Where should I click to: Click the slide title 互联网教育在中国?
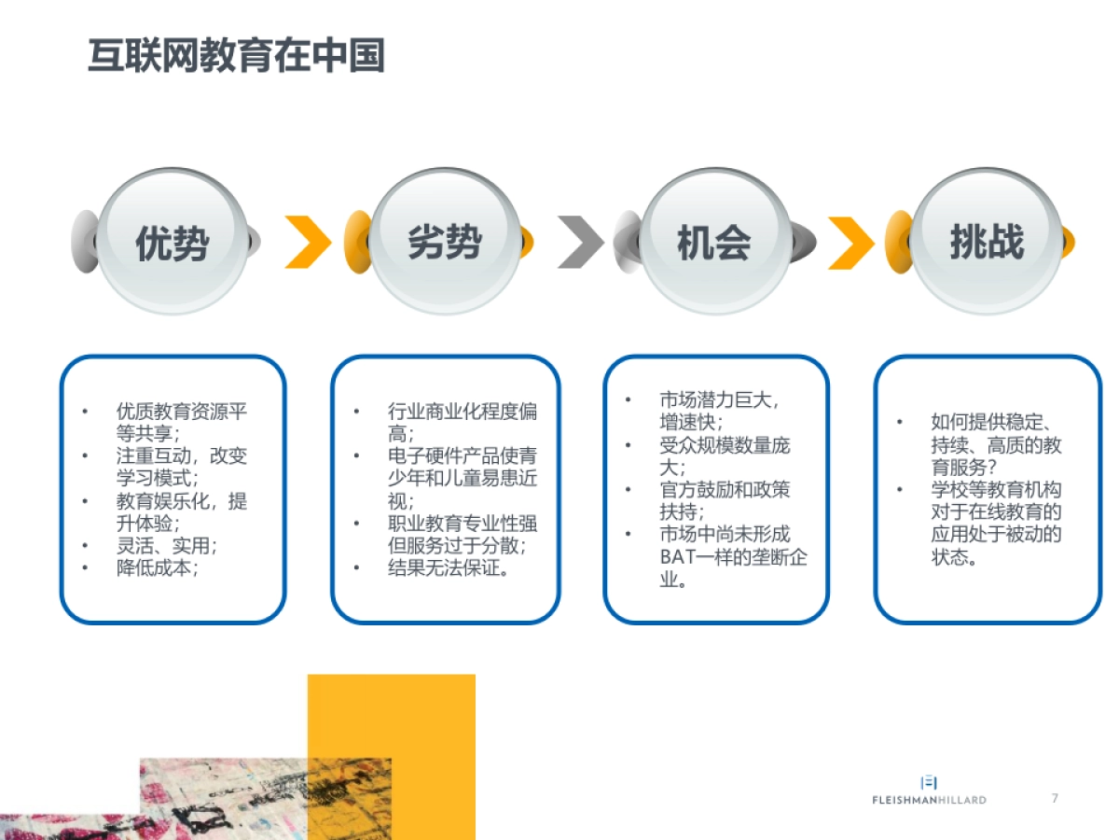pos(236,56)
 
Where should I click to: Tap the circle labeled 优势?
pos(173,242)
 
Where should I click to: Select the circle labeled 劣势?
pos(445,242)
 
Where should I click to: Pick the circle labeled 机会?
pos(714,242)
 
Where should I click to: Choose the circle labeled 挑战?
pos(987,242)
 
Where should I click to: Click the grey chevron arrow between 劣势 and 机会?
pos(581,242)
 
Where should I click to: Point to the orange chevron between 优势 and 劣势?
pos(309,242)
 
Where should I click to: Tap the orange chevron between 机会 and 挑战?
pos(850,242)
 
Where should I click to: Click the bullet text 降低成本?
pos(157,567)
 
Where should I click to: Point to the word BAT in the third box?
pos(679,557)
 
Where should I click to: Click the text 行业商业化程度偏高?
pos(462,422)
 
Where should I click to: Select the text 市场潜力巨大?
pos(718,399)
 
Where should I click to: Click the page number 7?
pos(1055,798)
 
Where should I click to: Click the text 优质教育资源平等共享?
pos(182,422)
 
